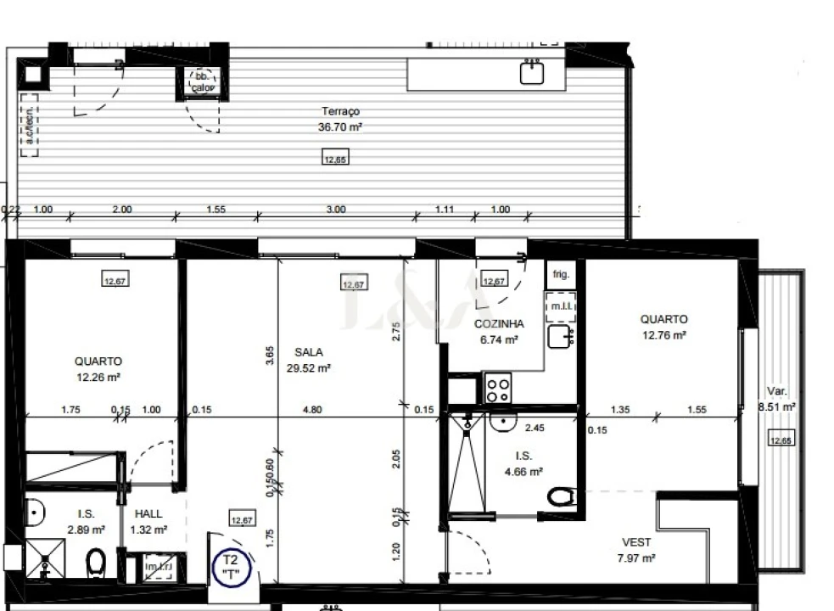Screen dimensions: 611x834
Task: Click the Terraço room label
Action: [x=340, y=111]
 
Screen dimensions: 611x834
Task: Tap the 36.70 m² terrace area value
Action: [x=340, y=127]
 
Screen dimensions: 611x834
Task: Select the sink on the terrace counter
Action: [x=532, y=73]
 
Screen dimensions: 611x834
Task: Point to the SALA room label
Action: [x=309, y=351]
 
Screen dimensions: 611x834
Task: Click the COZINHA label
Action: [x=499, y=323]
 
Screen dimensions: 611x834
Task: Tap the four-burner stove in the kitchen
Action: [x=498, y=390]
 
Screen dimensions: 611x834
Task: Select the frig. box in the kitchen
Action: [x=561, y=274]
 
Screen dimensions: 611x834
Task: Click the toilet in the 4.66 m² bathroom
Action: [x=562, y=496]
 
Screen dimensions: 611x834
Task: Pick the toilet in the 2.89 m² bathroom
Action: [x=95, y=561]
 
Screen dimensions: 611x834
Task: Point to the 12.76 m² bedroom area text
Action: [x=663, y=335]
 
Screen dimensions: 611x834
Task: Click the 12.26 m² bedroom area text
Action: [x=98, y=377]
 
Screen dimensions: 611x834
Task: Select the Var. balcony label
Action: [x=777, y=391]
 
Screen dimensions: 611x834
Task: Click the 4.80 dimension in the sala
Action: [x=312, y=410]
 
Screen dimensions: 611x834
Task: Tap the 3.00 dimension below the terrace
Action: [x=336, y=210]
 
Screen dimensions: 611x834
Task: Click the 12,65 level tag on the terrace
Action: [x=335, y=158]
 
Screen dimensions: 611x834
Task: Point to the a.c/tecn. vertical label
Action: [x=30, y=126]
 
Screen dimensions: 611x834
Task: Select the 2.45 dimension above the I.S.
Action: [x=534, y=428]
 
